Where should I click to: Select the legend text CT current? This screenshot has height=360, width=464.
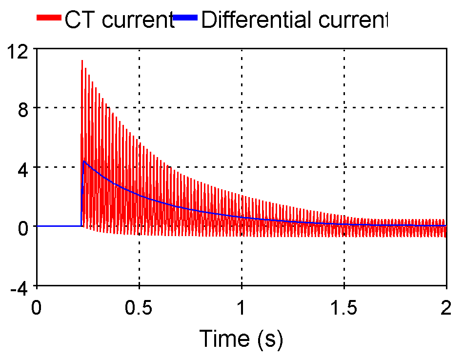(x=119, y=20)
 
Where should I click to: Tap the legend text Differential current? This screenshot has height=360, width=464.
(x=294, y=20)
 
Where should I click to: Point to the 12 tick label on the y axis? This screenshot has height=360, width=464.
(x=19, y=49)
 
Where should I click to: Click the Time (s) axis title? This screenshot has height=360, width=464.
(x=242, y=338)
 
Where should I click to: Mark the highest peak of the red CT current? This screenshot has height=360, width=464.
(x=82, y=61)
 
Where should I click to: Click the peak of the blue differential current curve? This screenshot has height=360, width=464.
(x=84, y=161)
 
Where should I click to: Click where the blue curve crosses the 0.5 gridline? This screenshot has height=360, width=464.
(x=140, y=196)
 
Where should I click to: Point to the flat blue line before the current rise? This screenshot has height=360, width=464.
(x=59, y=226)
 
